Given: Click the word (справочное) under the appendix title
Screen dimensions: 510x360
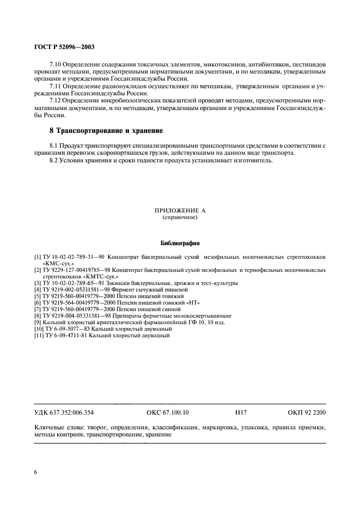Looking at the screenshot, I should (180, 217).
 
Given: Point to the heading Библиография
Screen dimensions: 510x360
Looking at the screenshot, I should (180, 243).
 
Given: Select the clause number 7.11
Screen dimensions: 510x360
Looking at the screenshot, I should (56, 86).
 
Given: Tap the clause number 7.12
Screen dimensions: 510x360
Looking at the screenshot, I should (56, 101).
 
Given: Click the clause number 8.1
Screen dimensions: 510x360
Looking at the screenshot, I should (54, 146).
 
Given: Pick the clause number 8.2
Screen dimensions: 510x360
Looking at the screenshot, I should (54, 161).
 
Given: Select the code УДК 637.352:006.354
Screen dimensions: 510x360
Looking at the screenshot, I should (64, 414).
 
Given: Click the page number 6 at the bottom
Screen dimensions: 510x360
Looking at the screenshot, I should (35, 472).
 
